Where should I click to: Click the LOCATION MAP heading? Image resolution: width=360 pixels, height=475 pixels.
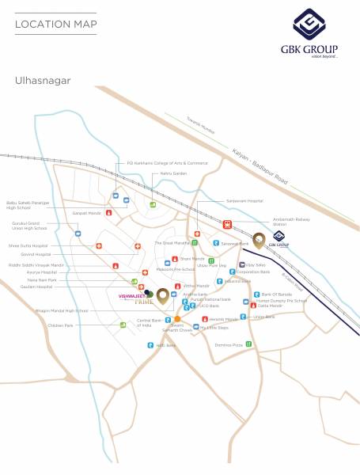55,25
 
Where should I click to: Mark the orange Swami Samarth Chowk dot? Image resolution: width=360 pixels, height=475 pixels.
177,319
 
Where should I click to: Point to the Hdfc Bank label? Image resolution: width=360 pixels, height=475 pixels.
165,345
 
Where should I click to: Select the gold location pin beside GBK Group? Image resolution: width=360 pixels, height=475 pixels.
259,241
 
